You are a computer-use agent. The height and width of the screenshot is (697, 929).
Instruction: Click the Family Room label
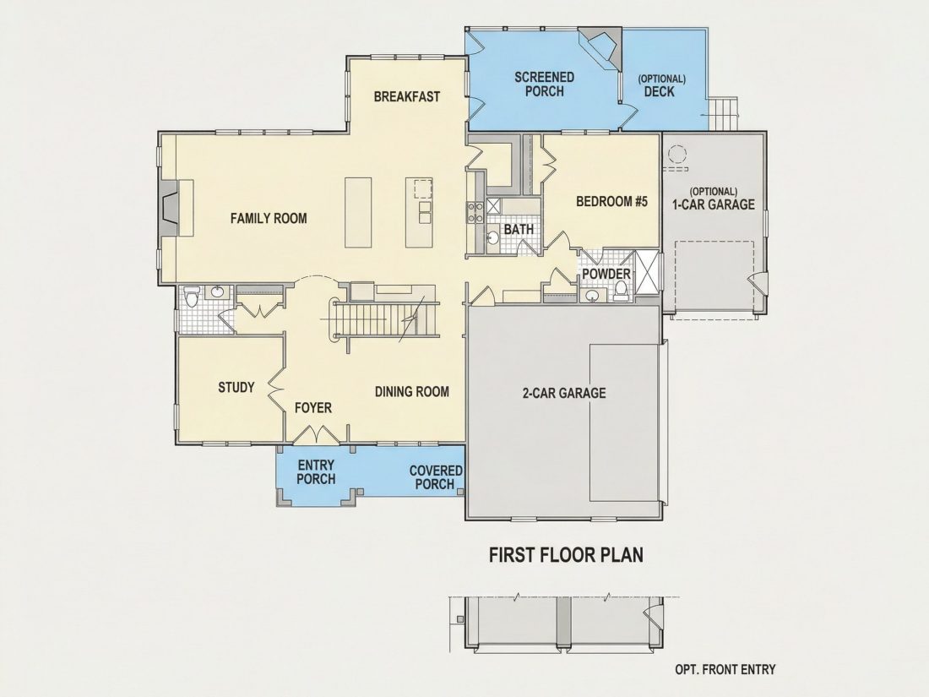click(x=269, y=218)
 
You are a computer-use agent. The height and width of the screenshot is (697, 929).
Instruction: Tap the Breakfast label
click(x=407, y=96)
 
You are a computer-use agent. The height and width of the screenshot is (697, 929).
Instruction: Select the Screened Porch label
click(x=544, y=84)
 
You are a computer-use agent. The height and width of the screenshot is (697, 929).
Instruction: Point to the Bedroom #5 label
click(x=612, y=202)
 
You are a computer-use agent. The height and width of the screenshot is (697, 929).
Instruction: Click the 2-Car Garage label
click(x=564, y=393)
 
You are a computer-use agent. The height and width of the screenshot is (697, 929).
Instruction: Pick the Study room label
click(x=236, y=388)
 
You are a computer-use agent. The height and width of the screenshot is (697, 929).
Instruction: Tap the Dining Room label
click(x=412, y=392)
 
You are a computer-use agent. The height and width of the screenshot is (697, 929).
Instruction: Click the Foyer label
click(x=313, y=408)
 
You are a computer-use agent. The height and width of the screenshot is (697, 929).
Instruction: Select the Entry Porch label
click(x=316, y=471)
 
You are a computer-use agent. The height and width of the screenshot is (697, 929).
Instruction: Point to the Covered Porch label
click(x=436, y=477)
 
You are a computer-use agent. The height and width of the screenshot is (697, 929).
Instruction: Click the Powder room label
click(x=606, y=274)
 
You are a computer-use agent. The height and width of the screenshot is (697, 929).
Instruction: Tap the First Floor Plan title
click(x=566, y=555)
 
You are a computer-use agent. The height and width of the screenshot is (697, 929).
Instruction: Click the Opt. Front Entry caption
click(x=725, y=669)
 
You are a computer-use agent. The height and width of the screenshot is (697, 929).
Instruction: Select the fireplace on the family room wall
click(x=170, y=209)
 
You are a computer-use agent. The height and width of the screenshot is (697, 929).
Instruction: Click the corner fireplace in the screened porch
click(x=602, y=46)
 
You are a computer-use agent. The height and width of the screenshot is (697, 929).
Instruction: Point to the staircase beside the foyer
click(x=383, y=319)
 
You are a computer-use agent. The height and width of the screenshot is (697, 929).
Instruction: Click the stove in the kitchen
click(x=475, y=213)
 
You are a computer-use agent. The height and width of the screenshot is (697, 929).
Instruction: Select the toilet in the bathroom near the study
click(x=191, y=297)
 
